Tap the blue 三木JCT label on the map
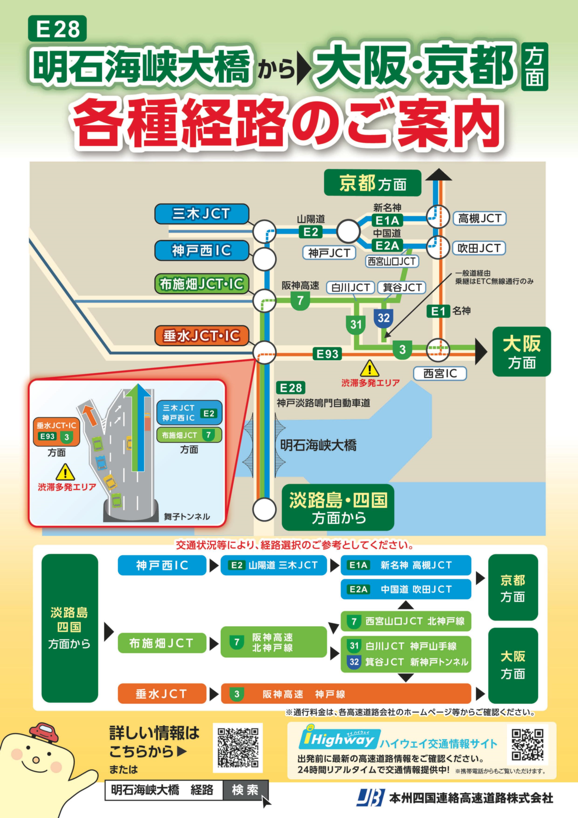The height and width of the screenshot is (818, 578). click(x=202, y=214)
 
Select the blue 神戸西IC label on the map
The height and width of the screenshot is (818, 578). click(x=202, y=251)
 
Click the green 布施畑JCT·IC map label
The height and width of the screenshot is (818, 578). click(x=202, y=284)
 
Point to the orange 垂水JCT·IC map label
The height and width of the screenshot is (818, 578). click(x=202, y=336)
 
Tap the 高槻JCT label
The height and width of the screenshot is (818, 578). click(x=479, y=219)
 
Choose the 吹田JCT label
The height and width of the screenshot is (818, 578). click(x=479, y=248)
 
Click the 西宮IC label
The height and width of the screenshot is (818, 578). click(x=440, y=373)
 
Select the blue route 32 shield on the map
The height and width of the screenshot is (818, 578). click(x=383, y=318)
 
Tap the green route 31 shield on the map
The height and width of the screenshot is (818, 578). click(x=356, y=324)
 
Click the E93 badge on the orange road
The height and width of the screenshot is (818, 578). click(x=327, y=354)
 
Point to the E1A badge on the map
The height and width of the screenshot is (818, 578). click(x=387, y=221)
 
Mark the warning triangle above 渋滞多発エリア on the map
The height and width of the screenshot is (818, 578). click(x=370, y=369)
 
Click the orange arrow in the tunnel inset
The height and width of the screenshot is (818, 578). click(x=90, y=415)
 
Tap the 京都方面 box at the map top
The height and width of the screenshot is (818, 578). click(x=373, y=183)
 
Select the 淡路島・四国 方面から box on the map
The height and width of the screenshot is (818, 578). click(x=338, y=508)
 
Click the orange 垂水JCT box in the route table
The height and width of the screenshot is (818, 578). click(x=162, y=694)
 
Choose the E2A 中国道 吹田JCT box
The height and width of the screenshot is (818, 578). click(x=406, y=589)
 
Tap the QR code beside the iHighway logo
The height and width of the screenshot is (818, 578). click(x=527, y=744)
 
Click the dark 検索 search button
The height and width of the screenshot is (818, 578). click(x=245, y=790)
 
